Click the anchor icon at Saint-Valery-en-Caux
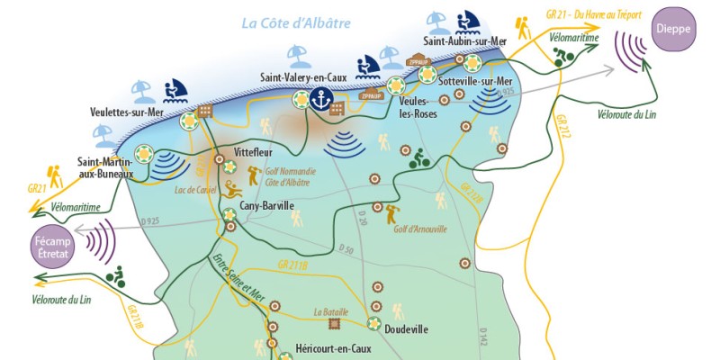pyautogui.click(x=316, y=100)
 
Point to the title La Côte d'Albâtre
pyautogui.click(x=296, y=22)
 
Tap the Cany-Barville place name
pyautogui.click(x=266, y=206)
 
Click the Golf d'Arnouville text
pyautogui.click(x=419, y=229)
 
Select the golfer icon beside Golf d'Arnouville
pyautogui.click(x=391, y=213)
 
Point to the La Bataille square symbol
pyautogui.click(x=335, y=324)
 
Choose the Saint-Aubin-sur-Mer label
pyautogui.click(x=466, y=41)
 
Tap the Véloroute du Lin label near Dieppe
pyautogui.click(x=628, y=114)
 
